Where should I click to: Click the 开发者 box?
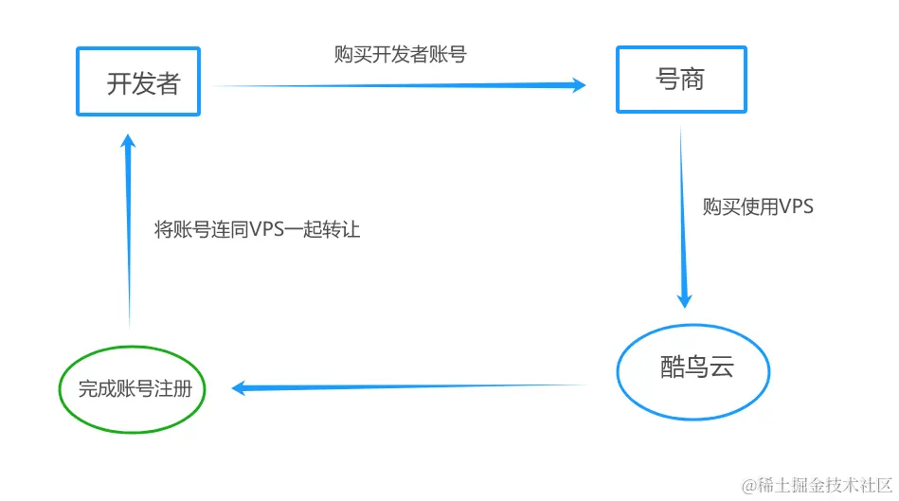coord(137,81)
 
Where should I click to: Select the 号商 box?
coord(681,79)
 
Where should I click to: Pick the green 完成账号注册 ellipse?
coord(132,388)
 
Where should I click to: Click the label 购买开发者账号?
coord(400,54)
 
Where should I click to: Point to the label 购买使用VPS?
coord(758,206)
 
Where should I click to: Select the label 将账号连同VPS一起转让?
coord(257,229)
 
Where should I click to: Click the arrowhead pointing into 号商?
coord(576,85)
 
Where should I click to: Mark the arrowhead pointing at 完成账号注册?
coord(242,387)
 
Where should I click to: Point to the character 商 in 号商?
coord(693,79)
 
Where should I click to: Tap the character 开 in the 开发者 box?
coord(117,84)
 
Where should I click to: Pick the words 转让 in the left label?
coord(342,229)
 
